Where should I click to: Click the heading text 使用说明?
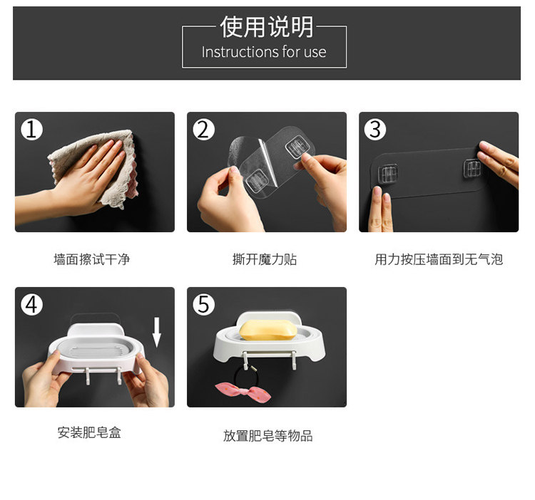point(267,27)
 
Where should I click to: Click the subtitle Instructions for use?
point(264,52)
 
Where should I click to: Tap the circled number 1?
point(31,130)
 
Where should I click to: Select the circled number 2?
point(204,130)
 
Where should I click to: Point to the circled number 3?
point(375,130)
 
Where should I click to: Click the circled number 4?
point(31,305)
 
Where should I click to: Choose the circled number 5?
point(204,305)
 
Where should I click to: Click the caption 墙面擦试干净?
point(92,259)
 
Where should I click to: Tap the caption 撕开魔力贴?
point(265,259)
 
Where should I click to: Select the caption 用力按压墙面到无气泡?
point(439,259)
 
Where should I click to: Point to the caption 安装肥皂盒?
point(89,433)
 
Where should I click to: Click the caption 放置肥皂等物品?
point(267,436)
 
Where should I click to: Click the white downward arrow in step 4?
point(157,333)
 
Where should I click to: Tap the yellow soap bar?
point(268,330)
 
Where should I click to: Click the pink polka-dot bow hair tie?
point(243,391)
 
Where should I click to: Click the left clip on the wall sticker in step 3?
point(388,174)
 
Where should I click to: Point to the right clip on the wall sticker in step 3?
point(472,168)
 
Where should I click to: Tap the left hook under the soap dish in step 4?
point(87,375)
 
